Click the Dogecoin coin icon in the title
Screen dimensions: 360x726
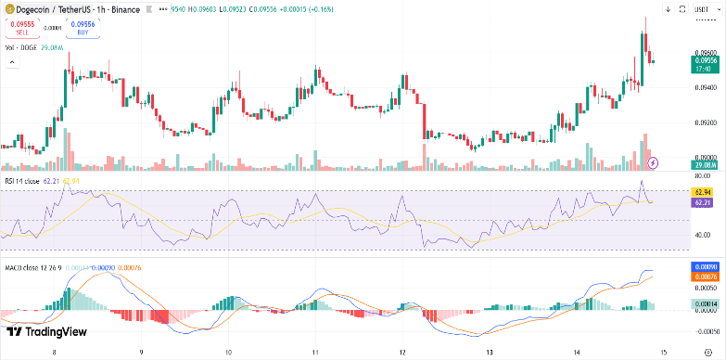(8, 9)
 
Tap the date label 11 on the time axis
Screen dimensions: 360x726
(315, 353)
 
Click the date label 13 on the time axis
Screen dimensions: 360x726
(490, 353)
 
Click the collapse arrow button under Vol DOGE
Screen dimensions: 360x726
(12, 62)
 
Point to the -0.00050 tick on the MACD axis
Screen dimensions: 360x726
(707, 329)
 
